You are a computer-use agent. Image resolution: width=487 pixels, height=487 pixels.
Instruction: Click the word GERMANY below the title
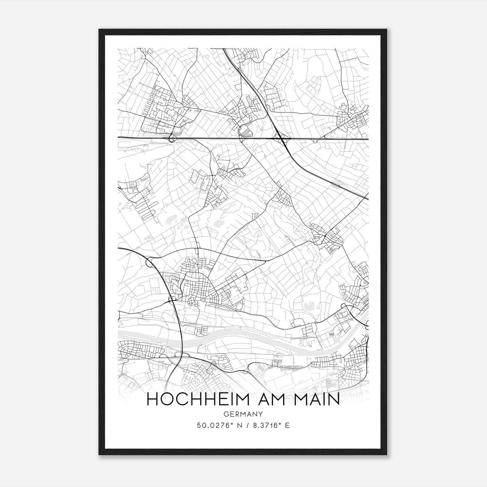click(x=243, y=414)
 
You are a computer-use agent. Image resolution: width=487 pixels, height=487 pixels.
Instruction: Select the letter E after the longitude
click(x=287, y=426)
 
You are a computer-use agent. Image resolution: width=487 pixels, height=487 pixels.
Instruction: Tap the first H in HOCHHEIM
click(x=152, y=399)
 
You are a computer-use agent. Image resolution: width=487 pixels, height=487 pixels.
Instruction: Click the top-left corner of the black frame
click(x=100, y=30)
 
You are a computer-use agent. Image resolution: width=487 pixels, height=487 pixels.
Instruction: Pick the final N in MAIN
click(x=334, y=399)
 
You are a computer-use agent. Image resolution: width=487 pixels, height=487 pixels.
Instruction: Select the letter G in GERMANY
click(x=226, y=414)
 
